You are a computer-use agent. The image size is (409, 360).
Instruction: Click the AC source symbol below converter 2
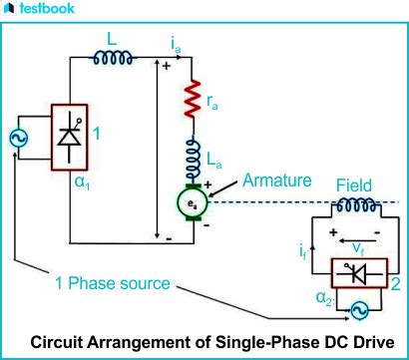(x=354, y=311)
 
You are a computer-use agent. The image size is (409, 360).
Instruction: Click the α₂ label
(x=318, y=298)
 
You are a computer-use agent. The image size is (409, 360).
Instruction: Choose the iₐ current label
(x=176, y=44)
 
